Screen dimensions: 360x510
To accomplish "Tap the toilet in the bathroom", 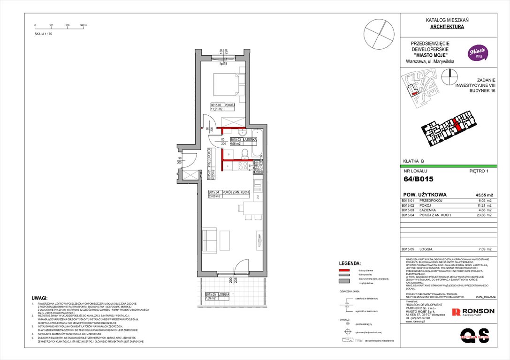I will click(x=244, y=153).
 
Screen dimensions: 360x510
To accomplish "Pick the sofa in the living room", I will click(x=209, y=240).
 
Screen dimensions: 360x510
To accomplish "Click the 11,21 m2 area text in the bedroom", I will click(x=216, y=109).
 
